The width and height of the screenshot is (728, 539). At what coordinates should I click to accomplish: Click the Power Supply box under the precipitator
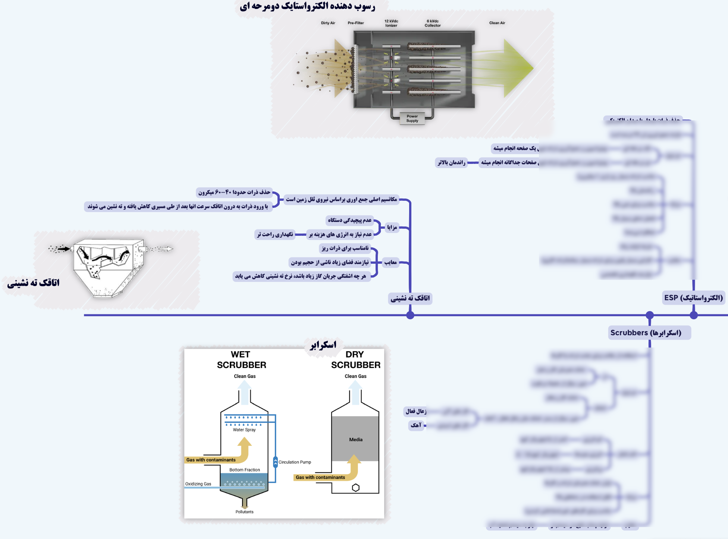(x=412, y=118)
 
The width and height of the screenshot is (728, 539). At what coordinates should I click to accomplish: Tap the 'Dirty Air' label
(x=328, y=23)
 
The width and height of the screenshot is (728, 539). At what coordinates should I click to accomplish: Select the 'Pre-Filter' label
(x=356, y=23)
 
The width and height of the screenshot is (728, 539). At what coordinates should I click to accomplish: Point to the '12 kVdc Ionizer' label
(x=391, y=23)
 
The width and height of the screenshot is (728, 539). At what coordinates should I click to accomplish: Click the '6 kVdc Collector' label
(x=433, y=23)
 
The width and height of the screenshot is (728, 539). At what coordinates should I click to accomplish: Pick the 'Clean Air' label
(x=497, y=23)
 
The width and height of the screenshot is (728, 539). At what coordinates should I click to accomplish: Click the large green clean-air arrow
(x=517, y=68)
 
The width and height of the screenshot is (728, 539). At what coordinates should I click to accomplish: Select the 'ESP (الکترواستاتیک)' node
(x=693, y=298)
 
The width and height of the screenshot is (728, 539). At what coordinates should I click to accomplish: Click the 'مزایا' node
(x=392, y=227)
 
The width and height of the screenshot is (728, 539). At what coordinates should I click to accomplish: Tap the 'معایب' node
(x=390, y=262)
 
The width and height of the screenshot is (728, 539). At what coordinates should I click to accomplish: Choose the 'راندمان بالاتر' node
(x=452, y=162)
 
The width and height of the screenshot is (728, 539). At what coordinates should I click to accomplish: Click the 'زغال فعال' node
(x=416, y=411)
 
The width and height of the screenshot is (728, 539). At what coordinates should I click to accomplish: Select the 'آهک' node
(x=416, y=425)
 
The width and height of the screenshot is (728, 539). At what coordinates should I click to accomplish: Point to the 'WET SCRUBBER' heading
(x=241, y=360)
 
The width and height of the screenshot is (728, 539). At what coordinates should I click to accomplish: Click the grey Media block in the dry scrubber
(x=355, y=439)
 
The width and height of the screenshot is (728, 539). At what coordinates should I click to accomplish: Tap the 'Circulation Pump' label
(x=295, y=462)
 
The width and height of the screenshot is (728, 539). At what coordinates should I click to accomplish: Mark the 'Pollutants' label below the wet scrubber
(x=244, y=512)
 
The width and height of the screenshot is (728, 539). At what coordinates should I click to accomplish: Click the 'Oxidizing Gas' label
(x=198, y=484)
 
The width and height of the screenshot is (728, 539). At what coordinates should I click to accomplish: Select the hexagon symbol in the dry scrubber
(x=356, y=488)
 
